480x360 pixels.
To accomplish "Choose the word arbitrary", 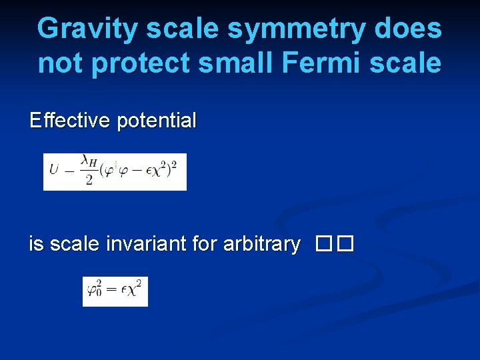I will point(261,245).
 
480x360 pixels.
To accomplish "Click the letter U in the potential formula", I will point(54,167).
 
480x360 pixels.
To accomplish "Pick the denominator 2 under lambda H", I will point(89,181).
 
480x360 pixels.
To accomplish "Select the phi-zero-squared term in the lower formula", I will point(95,291).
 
